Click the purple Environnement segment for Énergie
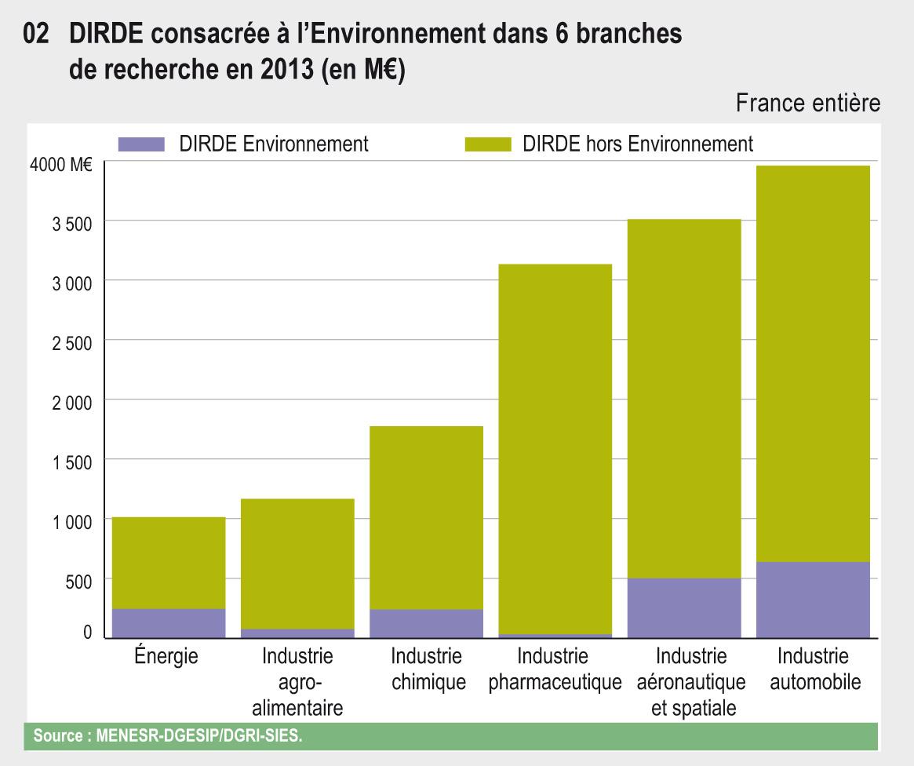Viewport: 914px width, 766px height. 169,622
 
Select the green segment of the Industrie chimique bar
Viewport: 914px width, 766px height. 426,518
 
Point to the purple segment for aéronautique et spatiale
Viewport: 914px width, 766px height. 684,607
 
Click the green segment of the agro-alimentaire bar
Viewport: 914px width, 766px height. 297,564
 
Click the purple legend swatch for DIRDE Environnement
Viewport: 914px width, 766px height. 141,144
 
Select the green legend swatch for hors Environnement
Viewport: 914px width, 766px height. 488,144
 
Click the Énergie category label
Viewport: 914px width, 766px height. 166,656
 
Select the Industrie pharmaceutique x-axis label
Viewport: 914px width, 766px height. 555,669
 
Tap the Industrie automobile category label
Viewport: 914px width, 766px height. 814,669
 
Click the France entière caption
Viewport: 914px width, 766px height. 807,103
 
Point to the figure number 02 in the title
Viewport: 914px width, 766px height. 37,35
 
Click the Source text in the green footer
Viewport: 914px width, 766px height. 166,736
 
